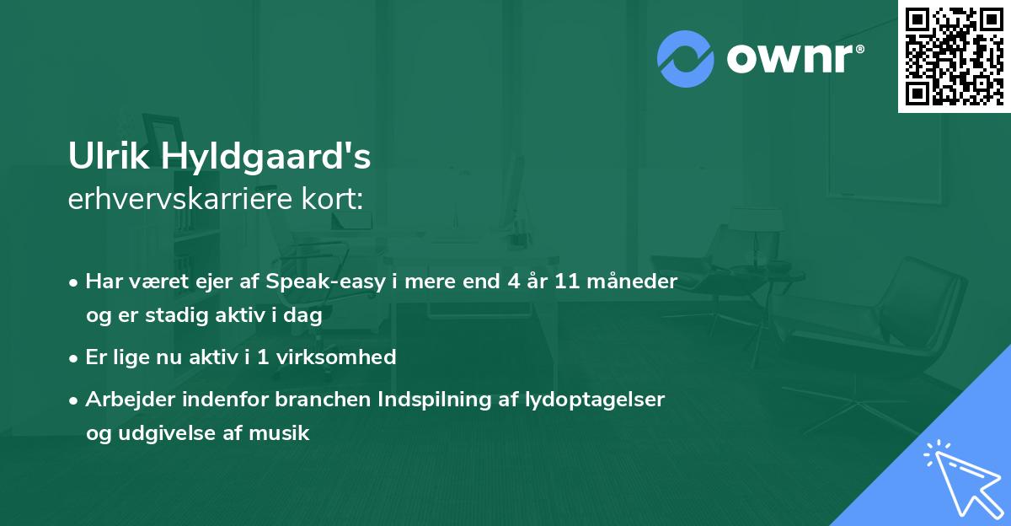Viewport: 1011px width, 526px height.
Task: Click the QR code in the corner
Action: pos(954,56)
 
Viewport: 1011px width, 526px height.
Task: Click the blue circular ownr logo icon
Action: pos(686,58)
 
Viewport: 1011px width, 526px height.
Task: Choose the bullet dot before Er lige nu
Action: pos(75,357)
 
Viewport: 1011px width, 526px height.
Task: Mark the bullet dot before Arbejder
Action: pos(75,400)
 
